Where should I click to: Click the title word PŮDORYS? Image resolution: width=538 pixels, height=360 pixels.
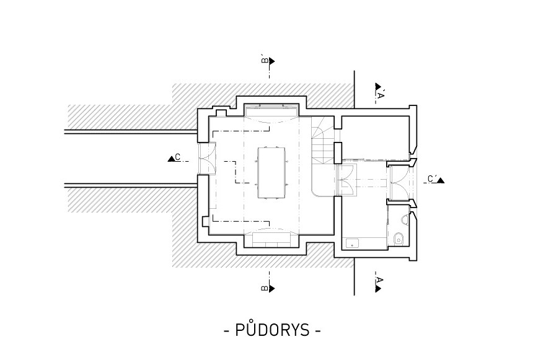click(272, 330)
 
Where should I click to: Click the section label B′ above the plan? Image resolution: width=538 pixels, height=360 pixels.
click(265, 60)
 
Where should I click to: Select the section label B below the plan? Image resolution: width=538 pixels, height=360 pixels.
click(265, 288)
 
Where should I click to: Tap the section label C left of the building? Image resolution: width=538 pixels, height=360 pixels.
click(178, 157)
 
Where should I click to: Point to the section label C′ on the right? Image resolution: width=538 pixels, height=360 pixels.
click(432, 178)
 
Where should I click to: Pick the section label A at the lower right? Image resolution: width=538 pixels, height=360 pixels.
click(379, 280)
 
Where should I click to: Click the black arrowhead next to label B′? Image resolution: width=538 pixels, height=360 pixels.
click(272, 61)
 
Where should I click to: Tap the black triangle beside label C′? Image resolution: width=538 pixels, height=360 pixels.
click(441, 180)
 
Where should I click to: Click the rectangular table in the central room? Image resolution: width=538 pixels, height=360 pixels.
click(271, 172)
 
